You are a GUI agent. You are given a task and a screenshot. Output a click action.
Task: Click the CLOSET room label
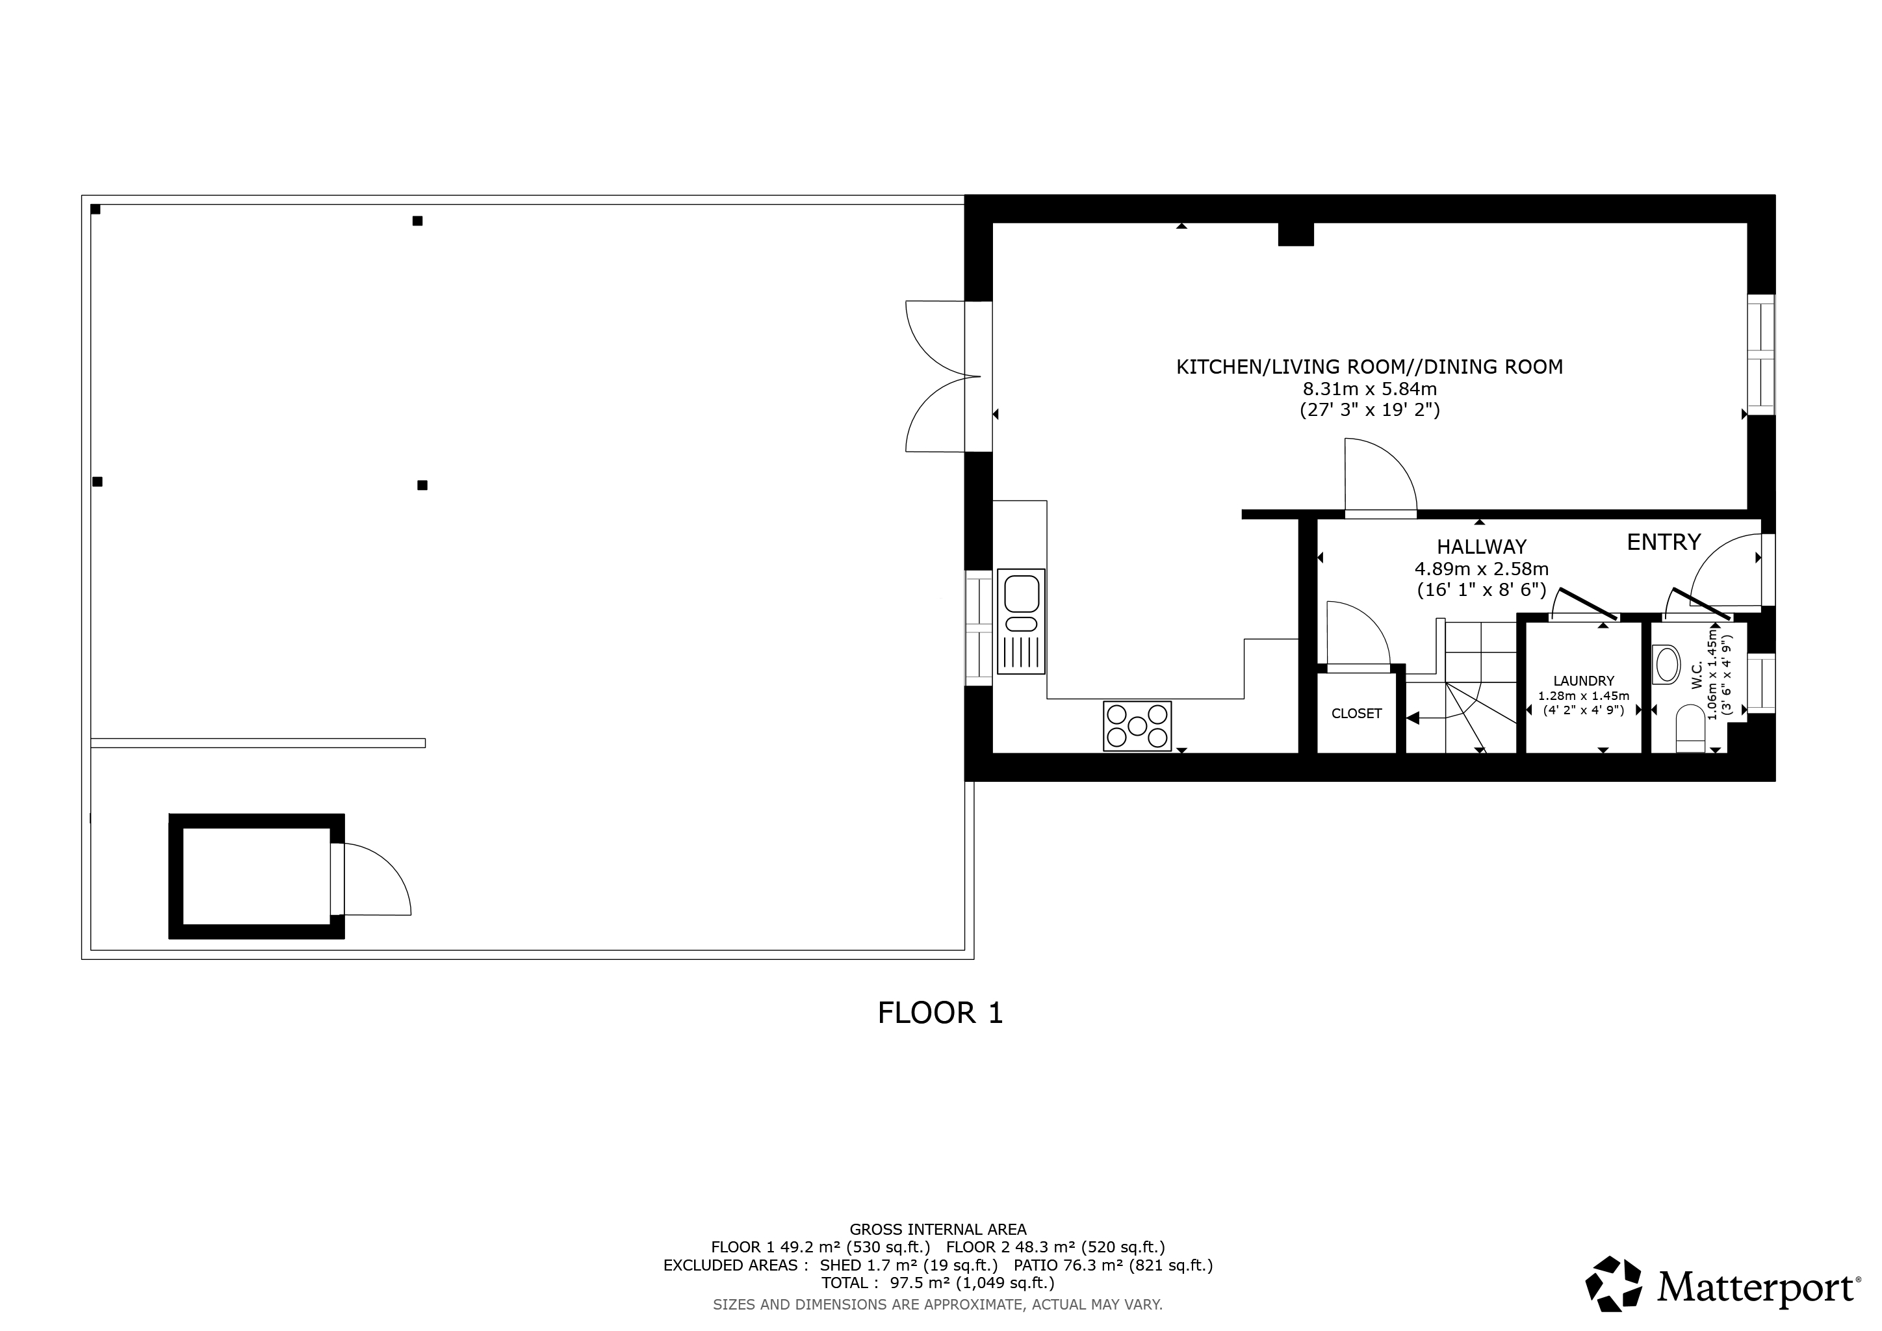[1356, 714]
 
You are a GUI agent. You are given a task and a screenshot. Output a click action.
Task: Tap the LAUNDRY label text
[1584, 681]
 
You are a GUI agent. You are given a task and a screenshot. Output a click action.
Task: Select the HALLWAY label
[1481, 547]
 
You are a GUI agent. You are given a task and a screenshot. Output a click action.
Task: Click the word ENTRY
[1663, 542]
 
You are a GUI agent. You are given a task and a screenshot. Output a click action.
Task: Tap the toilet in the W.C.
[1690, 729]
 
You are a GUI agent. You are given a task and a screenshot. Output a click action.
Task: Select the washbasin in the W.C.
[1668, 664]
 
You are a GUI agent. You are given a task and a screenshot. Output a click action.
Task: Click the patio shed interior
[256, 876]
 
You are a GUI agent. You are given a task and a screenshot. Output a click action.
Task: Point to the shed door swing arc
[385, 875]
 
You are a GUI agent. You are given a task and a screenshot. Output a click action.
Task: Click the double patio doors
[943, 376]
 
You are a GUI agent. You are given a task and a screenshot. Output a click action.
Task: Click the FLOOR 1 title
[940, 1013]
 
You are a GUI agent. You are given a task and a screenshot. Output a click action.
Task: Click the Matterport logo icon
[1613, 1284]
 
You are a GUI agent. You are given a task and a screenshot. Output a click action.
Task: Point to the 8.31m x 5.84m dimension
[1370, 389]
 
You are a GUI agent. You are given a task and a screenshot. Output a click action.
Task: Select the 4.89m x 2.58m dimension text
[1481, 569]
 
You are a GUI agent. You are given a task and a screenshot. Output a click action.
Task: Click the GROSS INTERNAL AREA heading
[938, 1230]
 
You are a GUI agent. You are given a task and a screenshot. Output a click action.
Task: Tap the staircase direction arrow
[1414, 719]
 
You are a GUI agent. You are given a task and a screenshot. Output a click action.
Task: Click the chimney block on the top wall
[1296, 235]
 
